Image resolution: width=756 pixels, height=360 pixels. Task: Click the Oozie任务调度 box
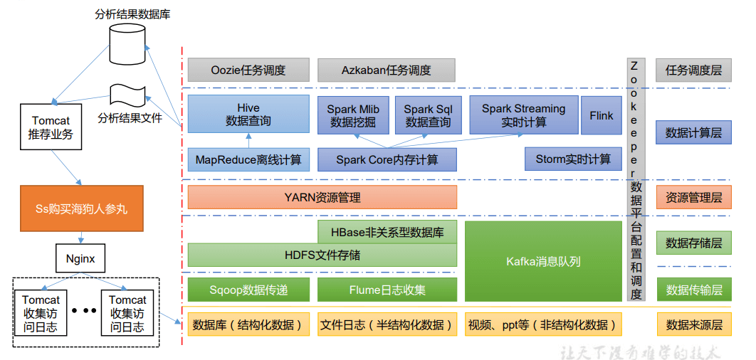pyautogui.click(x=248, y=70)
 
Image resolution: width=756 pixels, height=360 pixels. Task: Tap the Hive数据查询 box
pyautogui.click(x=248, y=115)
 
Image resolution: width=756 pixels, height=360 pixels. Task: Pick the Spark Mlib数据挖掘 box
pyautogui.click(x=353, y=115)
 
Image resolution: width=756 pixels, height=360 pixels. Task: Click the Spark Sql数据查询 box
pyautogui.click(x=428, y=115)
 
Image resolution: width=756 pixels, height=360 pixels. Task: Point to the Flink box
pyautogui.click(x=602, y=115)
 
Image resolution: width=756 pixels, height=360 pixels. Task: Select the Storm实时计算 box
pyautogui.click(x=572, y=159)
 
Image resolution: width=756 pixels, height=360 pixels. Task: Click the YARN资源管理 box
pyautogui.click(x=322, y=197)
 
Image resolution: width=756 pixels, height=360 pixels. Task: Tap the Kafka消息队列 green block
pyautogui.click(x=543, y=261)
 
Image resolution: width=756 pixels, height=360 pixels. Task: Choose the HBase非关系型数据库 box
pyautogui.click(x=387, y=232)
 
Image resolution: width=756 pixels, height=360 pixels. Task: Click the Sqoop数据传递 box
pyautogui.click(x=248, y=290)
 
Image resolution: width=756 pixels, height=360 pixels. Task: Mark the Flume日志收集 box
pyautogui.click(x=387, y=290)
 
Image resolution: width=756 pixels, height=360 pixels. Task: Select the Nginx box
pyautogui.click(x=80, y=259)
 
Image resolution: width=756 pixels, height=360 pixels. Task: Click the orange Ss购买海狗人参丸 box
pyautogui.click(x=81, y=208)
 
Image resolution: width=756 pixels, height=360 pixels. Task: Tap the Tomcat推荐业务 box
pyautogui.click(x=51, y=128)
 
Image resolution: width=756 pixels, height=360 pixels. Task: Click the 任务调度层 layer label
pyautogui.click(x=693, y=70)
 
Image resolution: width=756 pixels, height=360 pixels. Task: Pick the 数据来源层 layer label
pyautogui.click(x=693, y=324)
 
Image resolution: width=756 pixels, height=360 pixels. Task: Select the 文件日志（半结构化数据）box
pyautogui.click(x=387, y=324)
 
